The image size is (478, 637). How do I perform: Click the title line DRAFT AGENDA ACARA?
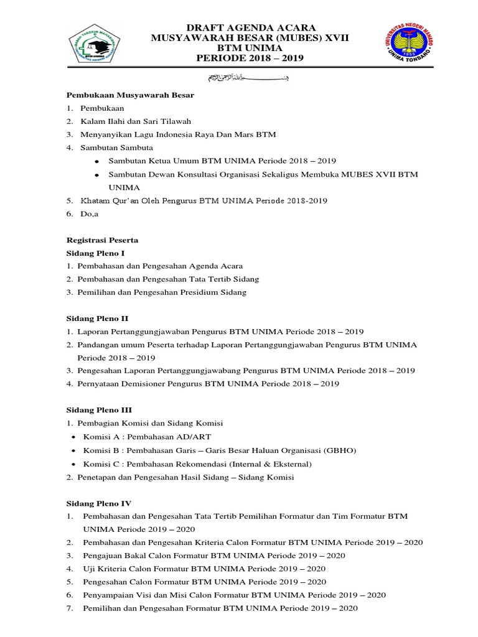(x=251, y=28)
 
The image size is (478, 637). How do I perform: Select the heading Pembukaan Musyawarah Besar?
(x=131, y=95)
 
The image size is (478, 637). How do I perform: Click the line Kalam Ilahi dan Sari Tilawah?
(x=135, y=121)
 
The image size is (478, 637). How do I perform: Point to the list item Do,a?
(x=90, y=214)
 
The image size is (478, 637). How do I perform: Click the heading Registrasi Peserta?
(x=102, y=240)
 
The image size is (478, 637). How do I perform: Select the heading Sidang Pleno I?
(x=96, y=253)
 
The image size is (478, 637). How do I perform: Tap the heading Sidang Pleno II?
(x=97, y=318)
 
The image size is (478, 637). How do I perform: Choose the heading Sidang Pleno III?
(x=99, y=410)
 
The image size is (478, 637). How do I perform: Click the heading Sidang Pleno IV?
(x=99, y=503)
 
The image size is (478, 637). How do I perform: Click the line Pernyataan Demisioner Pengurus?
(x=208, y=384)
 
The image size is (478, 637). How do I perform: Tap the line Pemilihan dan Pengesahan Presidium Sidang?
(x=162, y=292)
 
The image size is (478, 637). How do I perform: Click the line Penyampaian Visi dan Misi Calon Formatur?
(x=234, y=595)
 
